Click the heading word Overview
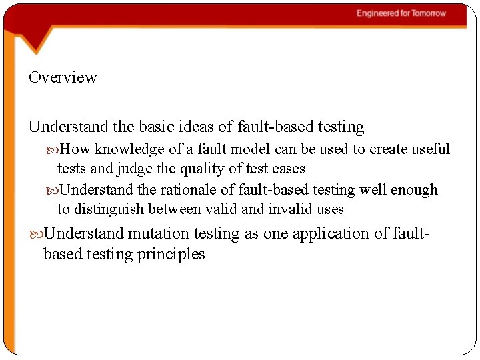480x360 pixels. [63, 77]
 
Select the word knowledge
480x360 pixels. [125, 149]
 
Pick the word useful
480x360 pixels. [430, 149]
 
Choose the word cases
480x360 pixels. [288, 169]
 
